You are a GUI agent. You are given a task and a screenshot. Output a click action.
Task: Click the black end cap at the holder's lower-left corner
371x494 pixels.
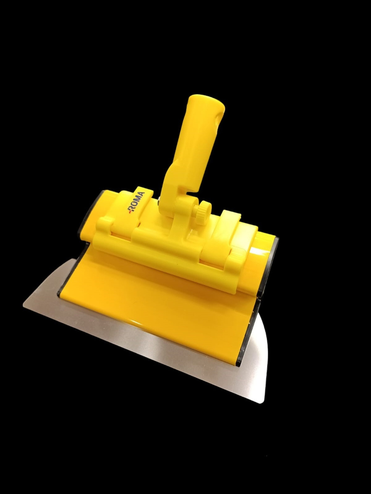[x=59, y=293]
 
